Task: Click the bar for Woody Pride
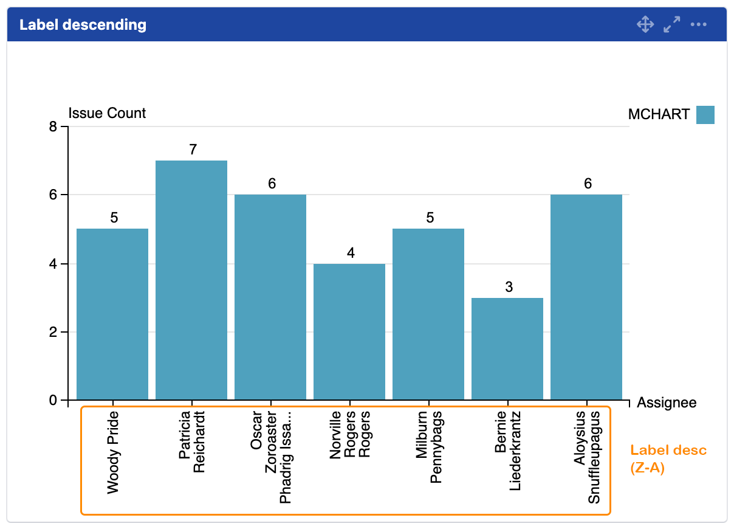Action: pos(112,314)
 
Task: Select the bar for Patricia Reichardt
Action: pos(191,280)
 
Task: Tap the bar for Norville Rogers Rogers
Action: pos(349,332)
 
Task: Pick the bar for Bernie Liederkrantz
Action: pos(507,349)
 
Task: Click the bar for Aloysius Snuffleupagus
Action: pos(586,297)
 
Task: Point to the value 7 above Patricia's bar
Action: pos(193,150)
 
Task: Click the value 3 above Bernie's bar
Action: pos(509,287)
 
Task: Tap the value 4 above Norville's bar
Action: pos(351,252)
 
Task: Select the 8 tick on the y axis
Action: pos(53,127)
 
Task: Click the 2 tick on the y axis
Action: pos(53,333)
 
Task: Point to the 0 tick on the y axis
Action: pos(53,401)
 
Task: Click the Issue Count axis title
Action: pos(107,113)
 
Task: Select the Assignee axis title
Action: pos(667,403)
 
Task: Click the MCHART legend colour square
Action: pos(705,114)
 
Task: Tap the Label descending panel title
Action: pos(83,25)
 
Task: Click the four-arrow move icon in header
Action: pos(645,25)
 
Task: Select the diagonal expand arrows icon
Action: pos(671,25)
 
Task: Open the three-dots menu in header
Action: pos(699,25)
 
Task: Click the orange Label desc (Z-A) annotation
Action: pos(668,459)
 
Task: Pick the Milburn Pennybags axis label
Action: pos(428,447)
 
